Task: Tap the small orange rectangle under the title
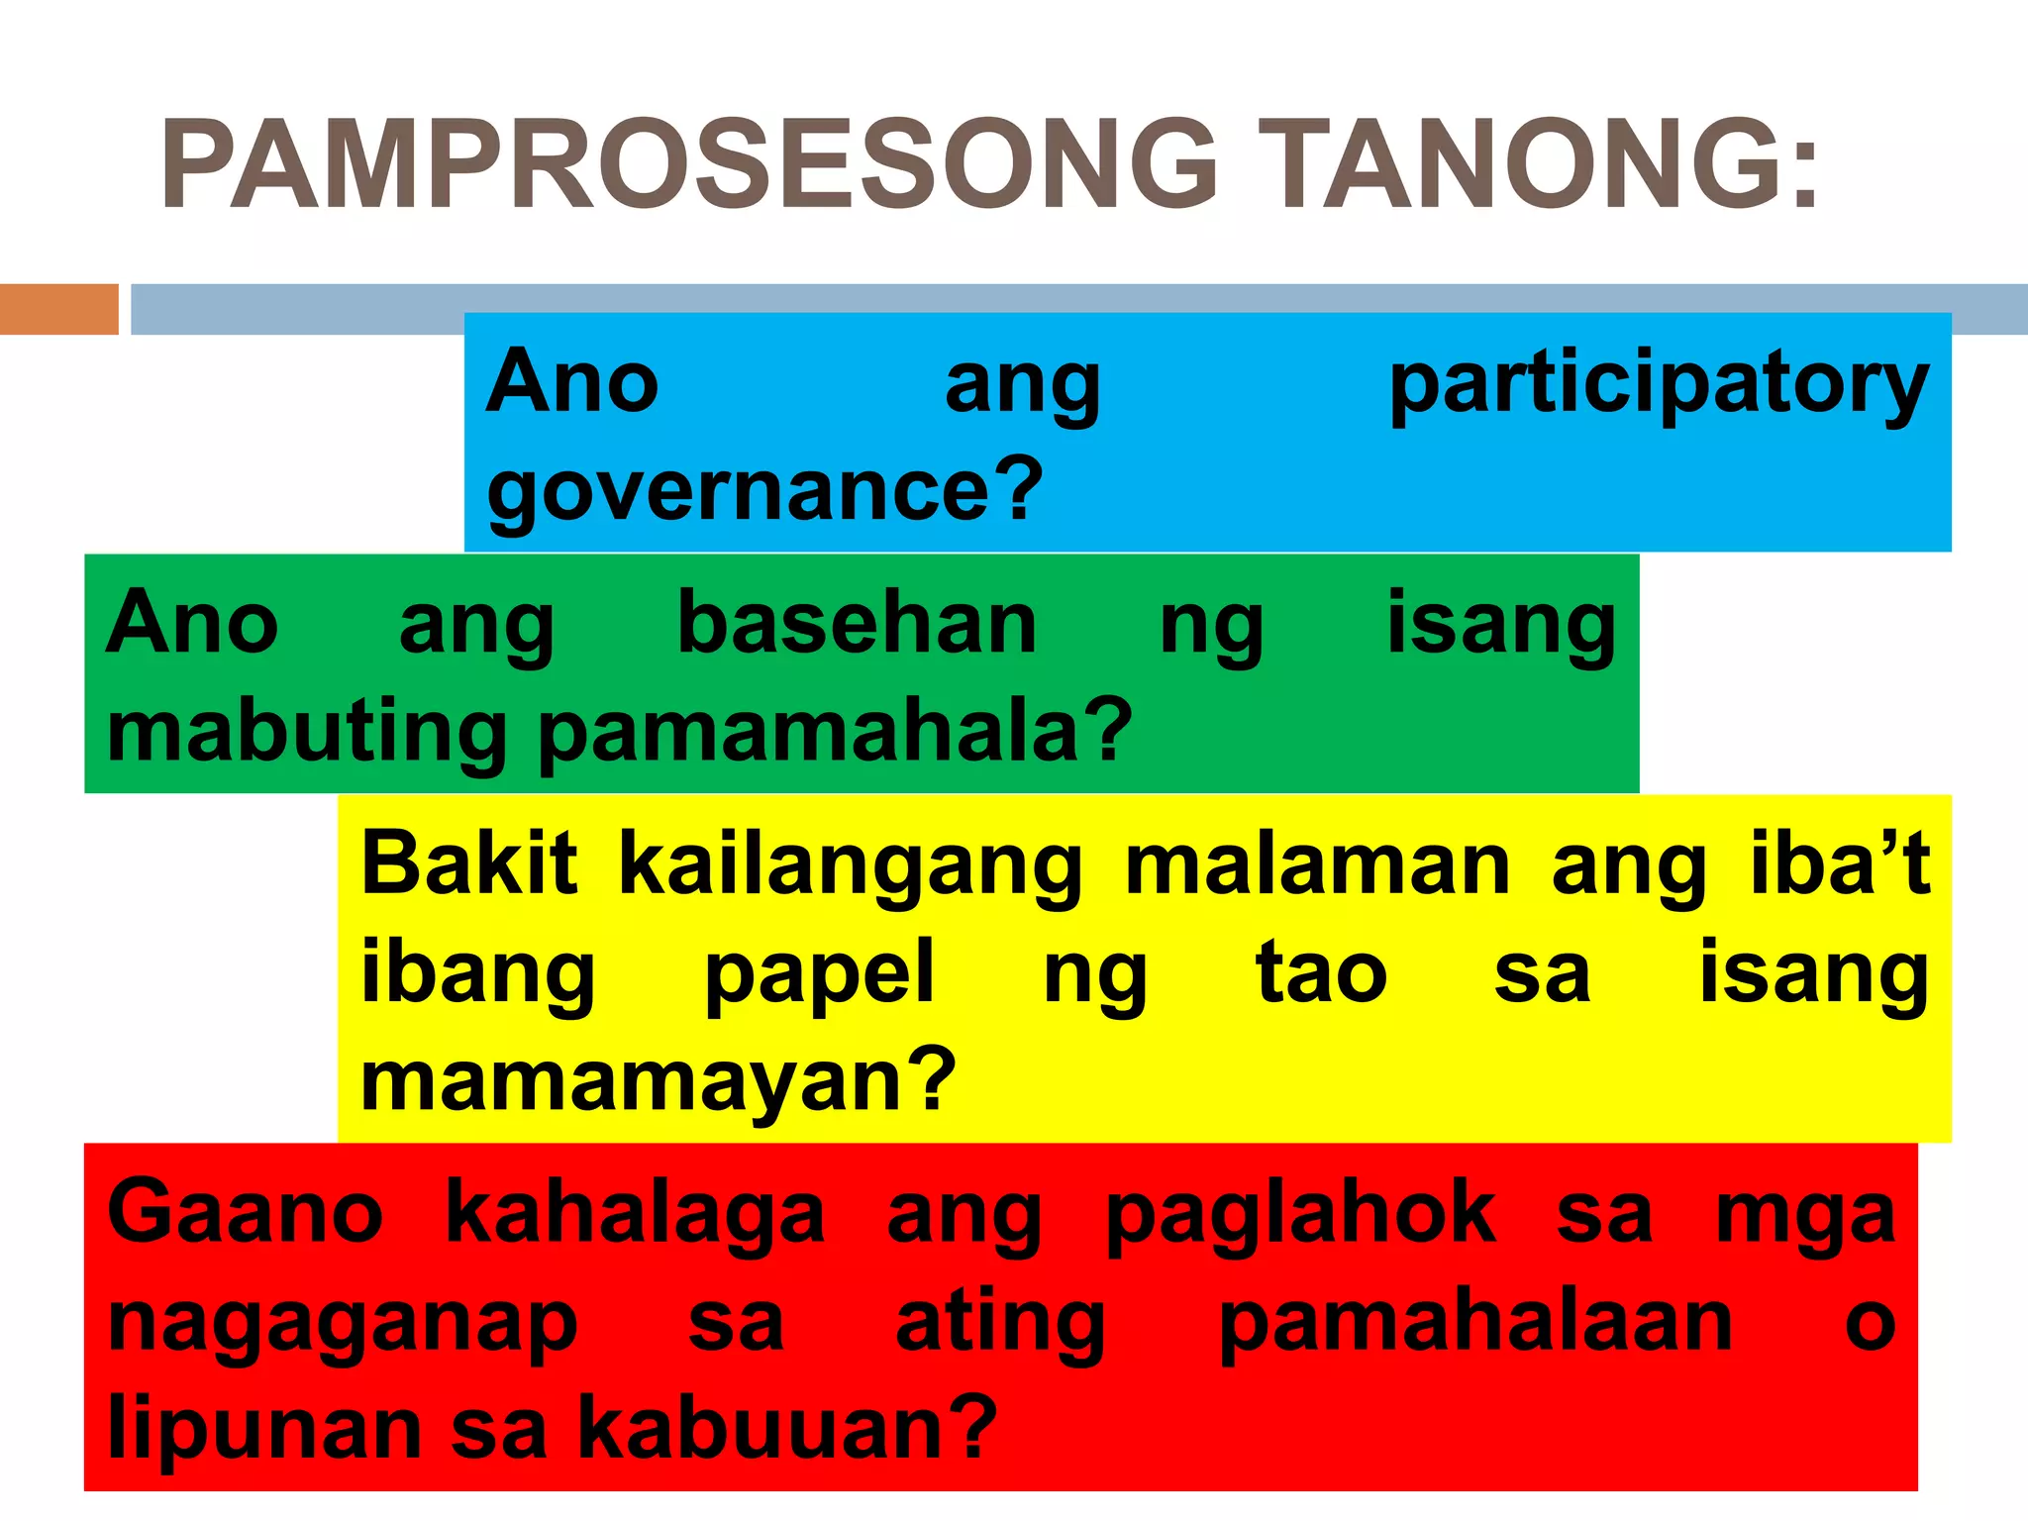pos(58,309)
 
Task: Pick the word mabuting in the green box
pos(307,733)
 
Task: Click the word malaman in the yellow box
pos(1317,864)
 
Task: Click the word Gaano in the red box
pos(245,1214)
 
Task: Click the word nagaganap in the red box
pos(343,1325)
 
